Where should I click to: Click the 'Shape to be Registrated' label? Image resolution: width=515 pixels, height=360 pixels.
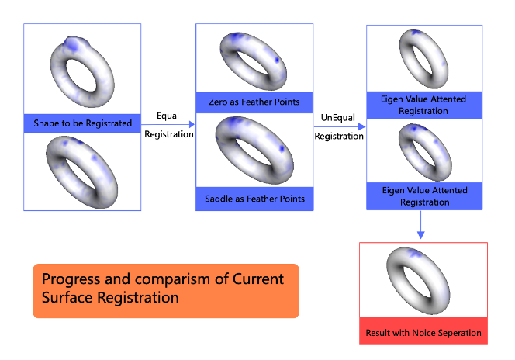coord(82,123)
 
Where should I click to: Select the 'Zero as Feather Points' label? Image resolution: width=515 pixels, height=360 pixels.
coord(254,102)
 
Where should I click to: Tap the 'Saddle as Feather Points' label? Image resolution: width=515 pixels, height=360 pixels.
coord(254,199)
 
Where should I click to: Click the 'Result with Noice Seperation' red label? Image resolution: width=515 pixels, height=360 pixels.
coord(423,333)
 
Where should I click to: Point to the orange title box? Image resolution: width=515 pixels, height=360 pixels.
coord(165,291)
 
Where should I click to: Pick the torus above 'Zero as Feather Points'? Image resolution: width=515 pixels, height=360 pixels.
coord(254,58)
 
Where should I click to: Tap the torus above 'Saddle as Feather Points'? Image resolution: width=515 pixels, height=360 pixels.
coord(254,152)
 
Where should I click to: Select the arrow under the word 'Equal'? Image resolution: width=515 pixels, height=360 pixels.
coord(168,124)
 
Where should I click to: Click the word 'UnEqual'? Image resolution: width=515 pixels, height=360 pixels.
coord(338,117)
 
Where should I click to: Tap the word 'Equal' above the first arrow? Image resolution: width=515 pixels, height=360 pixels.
coord(168,116)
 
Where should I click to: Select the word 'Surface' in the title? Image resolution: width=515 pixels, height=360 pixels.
coord(67,297)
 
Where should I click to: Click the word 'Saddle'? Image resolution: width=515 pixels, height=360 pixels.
coord(219,199)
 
